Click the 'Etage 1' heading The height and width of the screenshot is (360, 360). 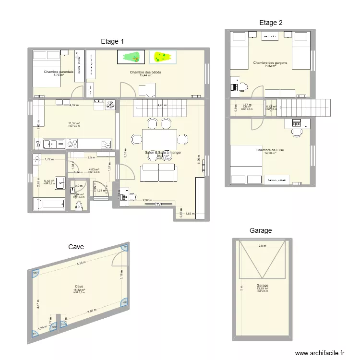pyautogui.click(x=112, y=42)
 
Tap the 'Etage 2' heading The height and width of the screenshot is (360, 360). pyautogui.click(x=271, y=23)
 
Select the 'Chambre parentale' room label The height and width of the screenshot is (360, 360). pyautogui.click(x=59, y=72)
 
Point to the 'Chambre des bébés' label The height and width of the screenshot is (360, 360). pyautogui.click(x=145, y=72)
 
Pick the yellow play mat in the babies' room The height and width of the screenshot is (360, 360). pyautogui.click(x=162, y=57)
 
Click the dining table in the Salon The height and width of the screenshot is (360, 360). pyautogui.click(x=159, y=139)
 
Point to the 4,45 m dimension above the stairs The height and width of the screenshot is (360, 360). pyautogui.click(x=162, y=105)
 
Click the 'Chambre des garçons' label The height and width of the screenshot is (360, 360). pyautogui.click(x=270, y=63)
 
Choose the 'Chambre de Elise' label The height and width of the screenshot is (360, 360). pyautogui.click(x=270, y=150)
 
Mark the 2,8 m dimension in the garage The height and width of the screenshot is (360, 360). pyautogui.click(x=262, y=246)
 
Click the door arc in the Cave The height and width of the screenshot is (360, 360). pyautogui.click(x=118, y=259)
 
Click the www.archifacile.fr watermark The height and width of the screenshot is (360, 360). pyautogui.click(x=320, y=353)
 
